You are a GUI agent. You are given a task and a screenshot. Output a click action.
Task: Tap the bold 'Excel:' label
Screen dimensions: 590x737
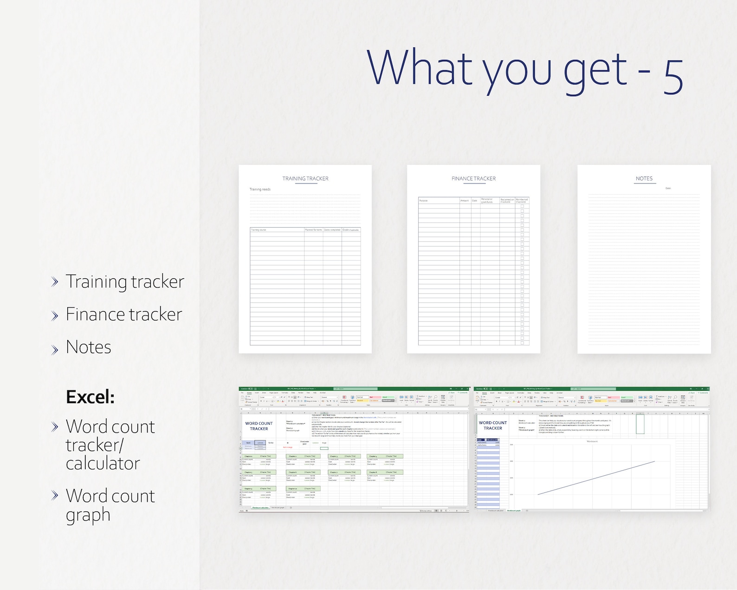(90, 397)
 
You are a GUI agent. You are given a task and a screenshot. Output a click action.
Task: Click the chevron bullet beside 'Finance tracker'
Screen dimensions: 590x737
(55, 315)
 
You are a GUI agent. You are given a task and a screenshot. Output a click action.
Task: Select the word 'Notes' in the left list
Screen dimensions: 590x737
(88, 347)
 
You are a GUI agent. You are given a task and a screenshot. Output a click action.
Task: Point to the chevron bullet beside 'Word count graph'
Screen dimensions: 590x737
(55, 495)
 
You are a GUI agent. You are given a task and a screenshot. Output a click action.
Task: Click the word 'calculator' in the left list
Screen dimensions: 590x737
(103, 463)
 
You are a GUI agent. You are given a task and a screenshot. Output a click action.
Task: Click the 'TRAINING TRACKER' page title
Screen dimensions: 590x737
(305, 178)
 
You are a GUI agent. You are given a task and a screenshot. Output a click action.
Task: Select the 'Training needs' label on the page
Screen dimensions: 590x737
(260, 190)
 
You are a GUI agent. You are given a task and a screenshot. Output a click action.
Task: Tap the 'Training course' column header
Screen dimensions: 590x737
(259, 230)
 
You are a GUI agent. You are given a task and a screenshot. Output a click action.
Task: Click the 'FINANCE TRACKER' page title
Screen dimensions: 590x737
(473, 178)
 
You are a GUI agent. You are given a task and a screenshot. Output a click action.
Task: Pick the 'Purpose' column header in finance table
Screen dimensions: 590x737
(423, 201)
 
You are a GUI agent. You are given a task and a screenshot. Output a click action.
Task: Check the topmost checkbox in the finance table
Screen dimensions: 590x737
(522, 206)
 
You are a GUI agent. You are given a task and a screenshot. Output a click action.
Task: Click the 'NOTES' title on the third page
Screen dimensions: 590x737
(644, 178)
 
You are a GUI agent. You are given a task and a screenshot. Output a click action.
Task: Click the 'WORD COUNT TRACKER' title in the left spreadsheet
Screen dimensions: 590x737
(259, 426)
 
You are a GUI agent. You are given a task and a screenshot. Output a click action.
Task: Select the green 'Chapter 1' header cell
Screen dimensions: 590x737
(249, 456)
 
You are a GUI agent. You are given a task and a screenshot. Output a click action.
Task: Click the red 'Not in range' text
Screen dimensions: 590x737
(288, 447)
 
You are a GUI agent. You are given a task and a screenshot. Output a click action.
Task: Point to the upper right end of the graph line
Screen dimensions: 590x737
(654, 461)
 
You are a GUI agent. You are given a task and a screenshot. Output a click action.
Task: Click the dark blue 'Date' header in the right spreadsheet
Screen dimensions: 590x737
(480, 439)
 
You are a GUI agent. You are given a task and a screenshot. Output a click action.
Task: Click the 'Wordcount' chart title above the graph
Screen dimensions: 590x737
(592, 441)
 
